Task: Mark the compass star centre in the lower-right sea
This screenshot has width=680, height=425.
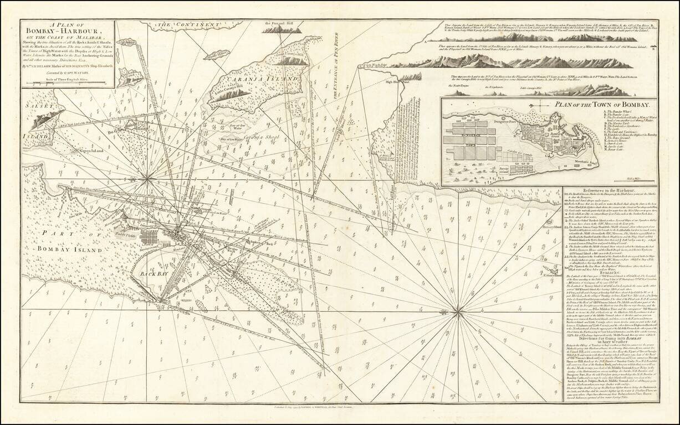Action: pos(458,313)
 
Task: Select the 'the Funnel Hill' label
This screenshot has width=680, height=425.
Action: pos(278,23)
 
